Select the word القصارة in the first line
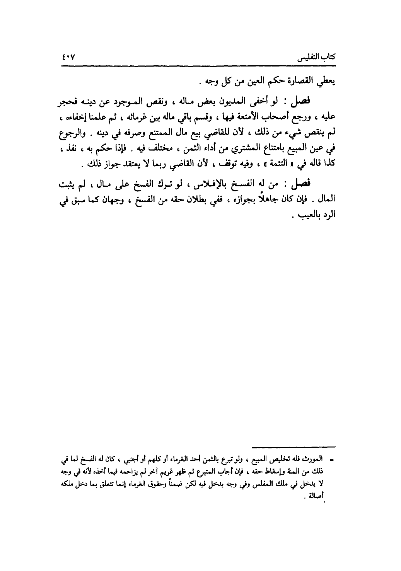[299, 82]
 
